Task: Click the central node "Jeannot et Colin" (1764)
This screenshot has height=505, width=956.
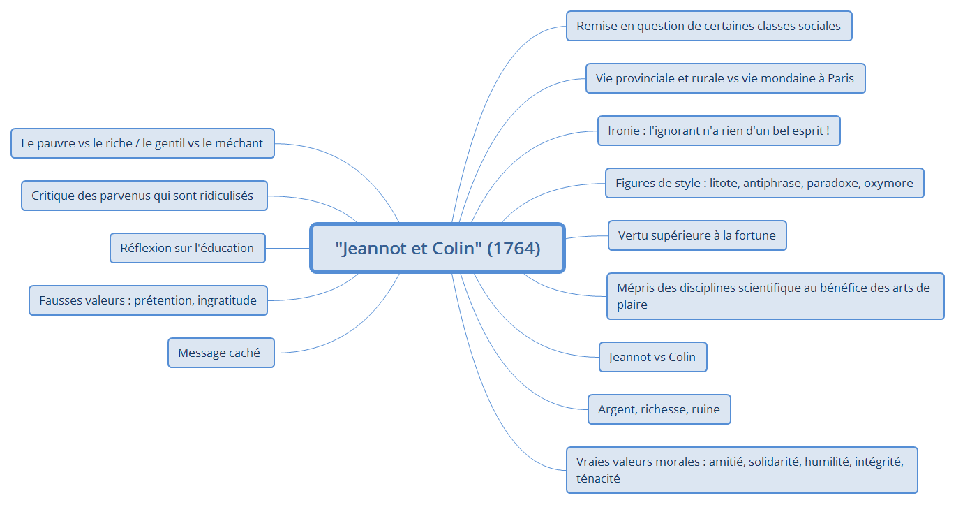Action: point(438,248)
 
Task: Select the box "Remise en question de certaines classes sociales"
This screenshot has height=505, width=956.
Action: point(708,26)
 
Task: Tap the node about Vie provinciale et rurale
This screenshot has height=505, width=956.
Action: point(725,78)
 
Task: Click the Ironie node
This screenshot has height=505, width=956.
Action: point(718,131)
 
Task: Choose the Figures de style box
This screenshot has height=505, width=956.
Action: point(764,183)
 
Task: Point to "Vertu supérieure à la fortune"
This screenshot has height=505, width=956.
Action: point(696,235)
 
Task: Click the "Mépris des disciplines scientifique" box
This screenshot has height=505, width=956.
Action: point(775,296)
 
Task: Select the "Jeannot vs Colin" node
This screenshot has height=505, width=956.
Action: point(652,357)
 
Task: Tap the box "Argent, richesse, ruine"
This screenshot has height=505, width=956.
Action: point(659,409)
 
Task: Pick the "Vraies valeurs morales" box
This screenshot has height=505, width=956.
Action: point(741,470)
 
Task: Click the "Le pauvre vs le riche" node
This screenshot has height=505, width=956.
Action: point(142,143)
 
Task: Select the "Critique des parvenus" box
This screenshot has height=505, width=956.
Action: point(142,196)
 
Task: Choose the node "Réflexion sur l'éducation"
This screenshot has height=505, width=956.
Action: point(187,248)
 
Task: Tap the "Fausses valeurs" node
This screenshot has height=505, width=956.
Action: point(148,300)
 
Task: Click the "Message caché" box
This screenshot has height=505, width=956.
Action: point(220,353)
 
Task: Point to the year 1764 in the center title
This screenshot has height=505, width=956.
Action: point(514,248)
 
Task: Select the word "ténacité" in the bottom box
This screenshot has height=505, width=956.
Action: point(598,478)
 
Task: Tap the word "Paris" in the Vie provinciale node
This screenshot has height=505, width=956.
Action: point(840,78)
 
